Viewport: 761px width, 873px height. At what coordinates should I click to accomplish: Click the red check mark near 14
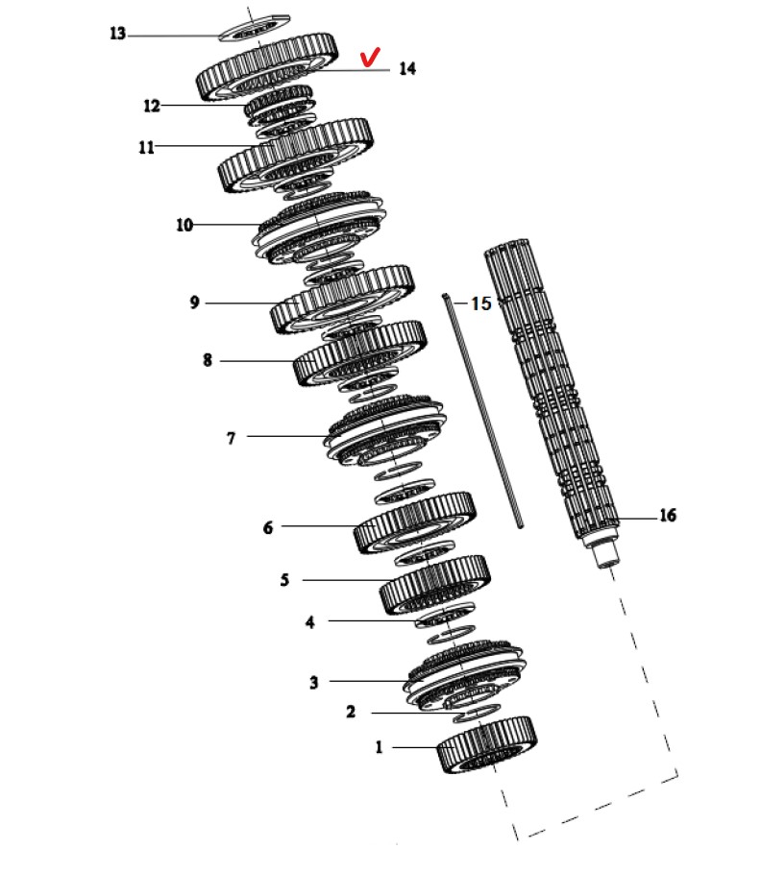coord(370,57)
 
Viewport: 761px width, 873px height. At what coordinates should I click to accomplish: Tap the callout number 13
coord(117,34)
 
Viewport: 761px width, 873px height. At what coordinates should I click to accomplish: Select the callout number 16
coord(668,516)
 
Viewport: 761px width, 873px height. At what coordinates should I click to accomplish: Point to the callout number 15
coord(481,303)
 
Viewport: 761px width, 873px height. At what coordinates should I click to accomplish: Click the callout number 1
coord(379,746)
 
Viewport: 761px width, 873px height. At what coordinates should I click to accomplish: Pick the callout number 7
coord(232,438)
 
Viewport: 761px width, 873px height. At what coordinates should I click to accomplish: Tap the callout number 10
coord(184,225)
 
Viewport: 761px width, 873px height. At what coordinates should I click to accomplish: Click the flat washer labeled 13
coord(254,28)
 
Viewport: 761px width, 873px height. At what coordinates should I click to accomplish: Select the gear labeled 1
coord(487,744)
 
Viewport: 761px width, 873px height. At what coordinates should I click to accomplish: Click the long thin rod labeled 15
coord(483,411)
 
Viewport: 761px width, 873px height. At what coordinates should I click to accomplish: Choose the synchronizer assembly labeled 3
coord(465,678)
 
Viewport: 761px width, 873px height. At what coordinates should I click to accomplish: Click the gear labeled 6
coord(414,522)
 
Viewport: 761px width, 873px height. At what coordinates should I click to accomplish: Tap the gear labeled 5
coord(434,585)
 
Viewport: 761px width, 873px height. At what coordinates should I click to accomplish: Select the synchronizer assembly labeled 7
coord(385,433)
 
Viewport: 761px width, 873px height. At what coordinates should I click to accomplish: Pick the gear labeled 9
coord(342,300)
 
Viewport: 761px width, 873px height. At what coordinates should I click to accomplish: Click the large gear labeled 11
coord(295,156)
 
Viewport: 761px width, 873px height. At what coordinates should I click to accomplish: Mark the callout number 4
coord(310,622)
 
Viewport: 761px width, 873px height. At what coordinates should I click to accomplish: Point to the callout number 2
coord(351,712)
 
